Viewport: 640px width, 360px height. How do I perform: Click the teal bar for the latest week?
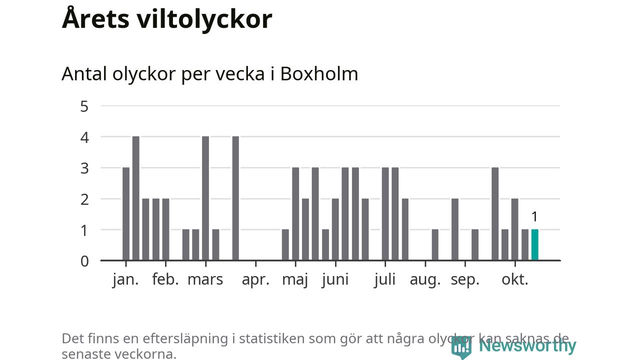pyautogui.click(x=534, y=245)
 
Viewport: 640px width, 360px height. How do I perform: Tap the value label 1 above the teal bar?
pyautogui.click(x=534, y=217)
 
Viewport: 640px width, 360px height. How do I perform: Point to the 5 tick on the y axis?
pyautogui.click(x=84, y=106)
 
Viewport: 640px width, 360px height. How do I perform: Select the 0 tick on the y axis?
pyautogui.click(x=84, y=261)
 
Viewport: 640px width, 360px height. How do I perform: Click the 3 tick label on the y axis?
pyautogui.click(x=84, y=168)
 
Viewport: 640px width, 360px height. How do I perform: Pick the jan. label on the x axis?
pyautogui.click(x=125, y=279)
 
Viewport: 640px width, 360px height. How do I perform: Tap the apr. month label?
pyautogui.click(x=255, y=279)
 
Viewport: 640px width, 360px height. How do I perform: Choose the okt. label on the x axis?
pyautogui.click(x=515, y=279)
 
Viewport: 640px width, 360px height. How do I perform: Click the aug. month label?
pyautogui.click(x=425, y=279)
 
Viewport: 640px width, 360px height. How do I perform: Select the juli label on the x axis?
pyautogui.click(x=384, y=279)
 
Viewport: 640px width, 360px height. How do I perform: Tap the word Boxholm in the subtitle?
pyautogui.click(x=319, y=74)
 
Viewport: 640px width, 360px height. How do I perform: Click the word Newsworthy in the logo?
pyautogui.click(x=527, y=345)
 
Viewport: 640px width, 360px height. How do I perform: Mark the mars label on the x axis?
pyautogui.click(x=205, y=279)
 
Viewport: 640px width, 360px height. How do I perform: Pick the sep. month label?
pyautogui.click(x=465, y=279)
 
